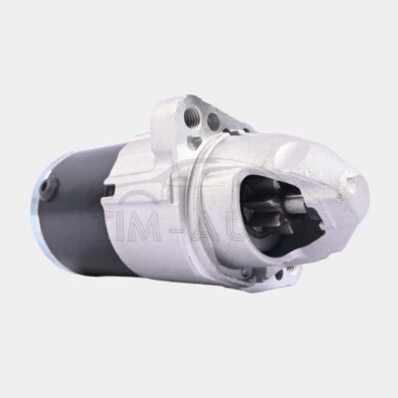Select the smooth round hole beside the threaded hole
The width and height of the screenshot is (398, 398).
click(212, 121)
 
